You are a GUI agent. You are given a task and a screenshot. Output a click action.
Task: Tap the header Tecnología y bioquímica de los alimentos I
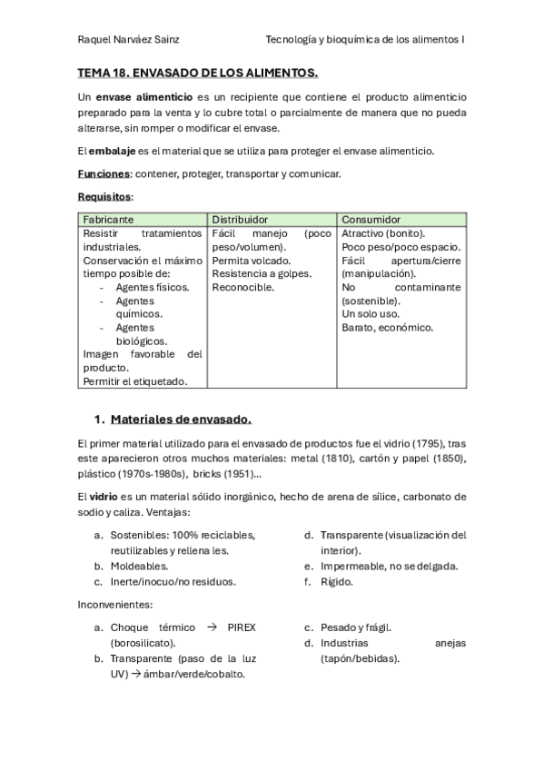click(x=365, y=40)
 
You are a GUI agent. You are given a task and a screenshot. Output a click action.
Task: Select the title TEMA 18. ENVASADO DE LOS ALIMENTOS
click(x=197, y=72)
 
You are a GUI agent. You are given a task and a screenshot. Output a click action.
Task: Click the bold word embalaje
click(x=114, y=150)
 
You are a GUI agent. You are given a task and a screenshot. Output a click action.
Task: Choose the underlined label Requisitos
click(x=104, y=196)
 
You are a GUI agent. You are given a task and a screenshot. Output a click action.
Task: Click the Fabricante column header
click(x=109, y=220)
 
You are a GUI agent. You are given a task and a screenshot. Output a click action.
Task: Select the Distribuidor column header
click(x=240, y=220)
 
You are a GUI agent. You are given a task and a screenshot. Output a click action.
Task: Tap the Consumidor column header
click(x=371, y=220)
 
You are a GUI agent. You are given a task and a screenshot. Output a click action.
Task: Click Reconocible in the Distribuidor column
click(x=242, y=287)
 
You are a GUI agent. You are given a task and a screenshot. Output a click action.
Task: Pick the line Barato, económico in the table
click(x=388, y=327)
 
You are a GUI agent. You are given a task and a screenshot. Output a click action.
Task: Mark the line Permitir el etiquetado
click(x=135, y=381)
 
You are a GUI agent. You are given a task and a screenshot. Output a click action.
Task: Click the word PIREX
click(x=238, y=627)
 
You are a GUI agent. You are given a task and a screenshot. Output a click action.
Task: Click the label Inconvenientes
click(x=115, y=604)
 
